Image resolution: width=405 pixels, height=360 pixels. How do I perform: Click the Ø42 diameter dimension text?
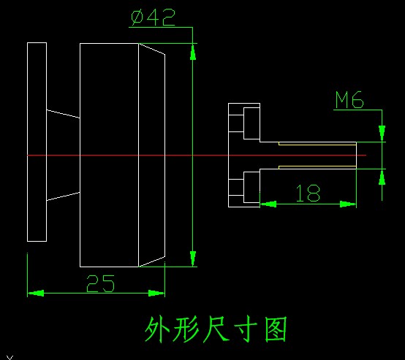click(154, 18)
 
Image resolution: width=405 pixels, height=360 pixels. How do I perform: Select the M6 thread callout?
click(349, 100)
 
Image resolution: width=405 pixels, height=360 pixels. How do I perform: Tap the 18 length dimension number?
click(309, 193)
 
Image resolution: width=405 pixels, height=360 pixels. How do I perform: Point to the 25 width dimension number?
click(100, 283)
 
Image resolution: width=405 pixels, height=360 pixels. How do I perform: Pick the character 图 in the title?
click(276, 329)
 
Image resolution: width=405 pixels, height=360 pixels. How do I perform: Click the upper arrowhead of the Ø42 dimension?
click(193, 52)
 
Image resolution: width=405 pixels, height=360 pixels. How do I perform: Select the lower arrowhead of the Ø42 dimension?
click(193, 258)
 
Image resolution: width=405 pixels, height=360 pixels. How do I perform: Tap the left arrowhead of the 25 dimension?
click(36, 293)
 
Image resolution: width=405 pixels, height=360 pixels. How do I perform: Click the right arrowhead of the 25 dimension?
click(156, 293)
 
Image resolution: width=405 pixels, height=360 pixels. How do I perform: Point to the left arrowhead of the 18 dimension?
click(268, 204)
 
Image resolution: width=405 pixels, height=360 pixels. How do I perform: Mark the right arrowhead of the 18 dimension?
click(348, 204)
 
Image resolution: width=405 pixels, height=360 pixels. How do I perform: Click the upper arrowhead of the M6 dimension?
click(382, 134)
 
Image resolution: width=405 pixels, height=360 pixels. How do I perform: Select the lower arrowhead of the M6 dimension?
click(382, 177)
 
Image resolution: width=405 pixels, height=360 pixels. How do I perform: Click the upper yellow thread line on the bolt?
click(317, 145)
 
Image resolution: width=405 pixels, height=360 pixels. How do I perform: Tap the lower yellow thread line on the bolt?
click(317, 166)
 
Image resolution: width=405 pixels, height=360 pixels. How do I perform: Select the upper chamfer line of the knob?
click(152, 49)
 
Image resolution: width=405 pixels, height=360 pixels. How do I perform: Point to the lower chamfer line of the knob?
click(152, 261)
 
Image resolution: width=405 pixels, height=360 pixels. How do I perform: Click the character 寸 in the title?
click(246, 329)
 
